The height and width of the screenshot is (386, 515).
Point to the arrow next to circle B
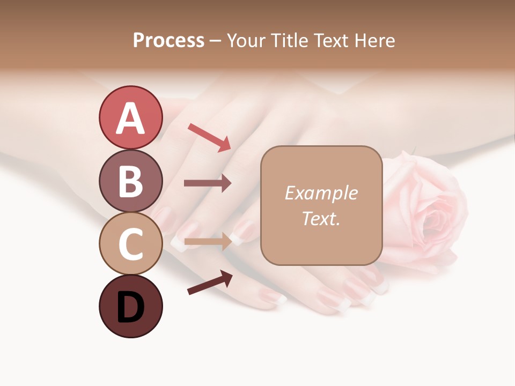[x=208, y=183]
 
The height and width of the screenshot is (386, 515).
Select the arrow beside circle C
[x=208, y=242]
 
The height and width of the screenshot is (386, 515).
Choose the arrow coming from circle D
[x=210, y=283]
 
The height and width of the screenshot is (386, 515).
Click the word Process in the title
[x=168, y=41]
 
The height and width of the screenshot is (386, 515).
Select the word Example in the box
[x=321, y=193]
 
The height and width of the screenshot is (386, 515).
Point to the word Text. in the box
[x=321, y=219]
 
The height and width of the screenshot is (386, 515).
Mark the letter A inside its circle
[x=130, y=118]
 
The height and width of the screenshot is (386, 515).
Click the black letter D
[x=130, y=308]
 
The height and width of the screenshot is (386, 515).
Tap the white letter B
[x=130, y=181]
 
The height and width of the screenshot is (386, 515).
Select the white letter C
[x=130, y=244]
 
